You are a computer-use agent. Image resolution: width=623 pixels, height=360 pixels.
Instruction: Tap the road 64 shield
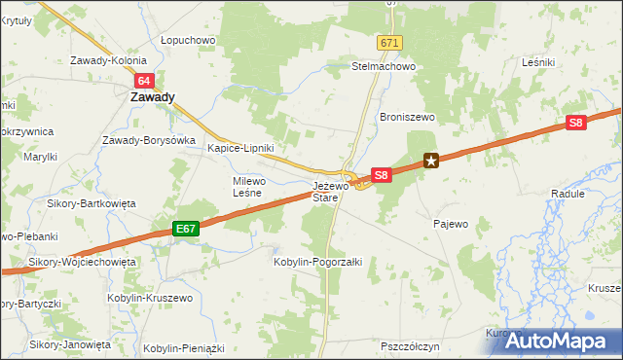tap(144, 81)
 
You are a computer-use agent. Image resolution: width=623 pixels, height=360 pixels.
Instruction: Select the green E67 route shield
tap(187, 229)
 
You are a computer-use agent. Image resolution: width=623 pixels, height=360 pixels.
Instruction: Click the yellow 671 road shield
tap(390, 44)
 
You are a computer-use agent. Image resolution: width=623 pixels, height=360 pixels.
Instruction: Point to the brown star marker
tap(430, 161)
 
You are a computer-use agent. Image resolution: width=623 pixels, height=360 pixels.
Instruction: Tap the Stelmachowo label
tap(384, 67)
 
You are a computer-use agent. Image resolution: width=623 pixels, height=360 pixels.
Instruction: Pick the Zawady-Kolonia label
tap(109, 60)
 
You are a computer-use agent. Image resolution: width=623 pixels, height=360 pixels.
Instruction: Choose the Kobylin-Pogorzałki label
tap(318, 262)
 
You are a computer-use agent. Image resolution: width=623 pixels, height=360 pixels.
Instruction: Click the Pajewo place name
tap(451, 224)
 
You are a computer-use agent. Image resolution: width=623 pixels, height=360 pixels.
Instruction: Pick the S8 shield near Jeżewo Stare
tap(382, 175)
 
